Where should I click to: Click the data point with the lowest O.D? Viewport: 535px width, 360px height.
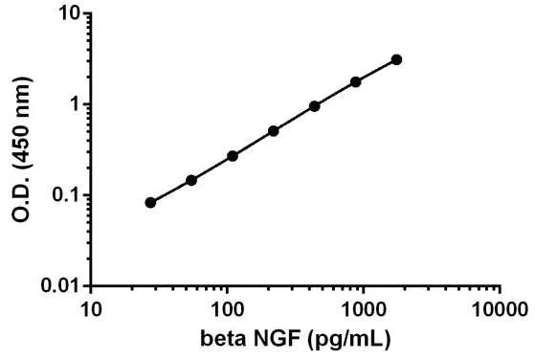[150, 203]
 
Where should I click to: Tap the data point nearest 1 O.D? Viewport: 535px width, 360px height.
[314, 105]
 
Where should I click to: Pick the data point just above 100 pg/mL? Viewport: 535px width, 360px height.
[233, 155]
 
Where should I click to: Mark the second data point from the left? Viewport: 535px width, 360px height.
[191, 180]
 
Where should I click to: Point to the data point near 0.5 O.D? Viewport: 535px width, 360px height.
[274, 130]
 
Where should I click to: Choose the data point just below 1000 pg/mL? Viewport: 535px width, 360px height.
[356, 81]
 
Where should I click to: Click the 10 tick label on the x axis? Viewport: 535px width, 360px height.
[91, 309]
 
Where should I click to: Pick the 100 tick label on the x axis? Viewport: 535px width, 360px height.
[228, 309]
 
